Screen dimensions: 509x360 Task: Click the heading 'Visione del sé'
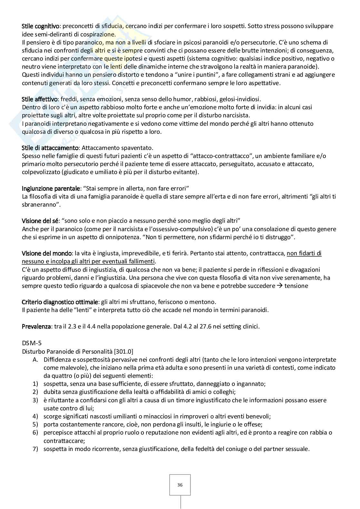pyautogui.click(x=40, y=221)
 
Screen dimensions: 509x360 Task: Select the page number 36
pyautogui.click(x=180, y=485)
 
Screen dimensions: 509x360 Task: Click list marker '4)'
pyautogui.click(x=35, y=416)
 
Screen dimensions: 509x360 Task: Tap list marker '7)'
pyautogui.click(x=35, y=449)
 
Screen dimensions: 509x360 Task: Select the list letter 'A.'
pyautogui.click(x=36, y=360)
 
